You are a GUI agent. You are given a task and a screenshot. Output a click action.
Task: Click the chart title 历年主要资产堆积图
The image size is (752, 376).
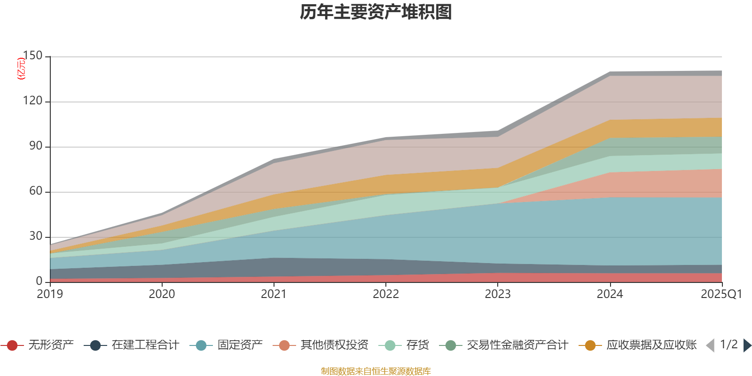pos(376,12)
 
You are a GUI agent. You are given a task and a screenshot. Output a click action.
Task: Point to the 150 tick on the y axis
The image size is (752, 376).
pos(32,55)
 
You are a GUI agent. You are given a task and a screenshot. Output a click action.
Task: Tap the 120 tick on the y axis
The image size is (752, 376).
pos(32,101)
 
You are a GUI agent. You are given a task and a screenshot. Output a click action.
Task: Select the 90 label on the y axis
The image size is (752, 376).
pos(35,146)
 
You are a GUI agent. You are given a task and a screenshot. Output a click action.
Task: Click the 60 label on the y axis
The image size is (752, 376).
pos(35,191)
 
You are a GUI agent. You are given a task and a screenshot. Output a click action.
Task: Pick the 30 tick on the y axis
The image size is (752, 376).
pos(35,236)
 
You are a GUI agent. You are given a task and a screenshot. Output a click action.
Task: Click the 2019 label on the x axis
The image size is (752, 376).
pos(50,294)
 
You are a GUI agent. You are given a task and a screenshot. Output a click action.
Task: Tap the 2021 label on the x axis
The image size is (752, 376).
pos(274,294)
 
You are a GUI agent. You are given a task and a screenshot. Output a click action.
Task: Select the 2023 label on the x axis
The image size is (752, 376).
pos(498,294)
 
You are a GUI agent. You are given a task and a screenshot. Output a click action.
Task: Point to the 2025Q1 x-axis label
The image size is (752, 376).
pos(721,294)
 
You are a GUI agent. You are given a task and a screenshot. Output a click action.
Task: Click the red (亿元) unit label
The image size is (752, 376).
pos(21,69)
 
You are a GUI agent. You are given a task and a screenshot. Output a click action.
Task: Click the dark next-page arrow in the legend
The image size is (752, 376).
pos(747,345)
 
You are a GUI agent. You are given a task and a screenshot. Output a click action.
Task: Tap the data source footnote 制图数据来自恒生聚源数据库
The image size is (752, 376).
pos(376,371)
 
